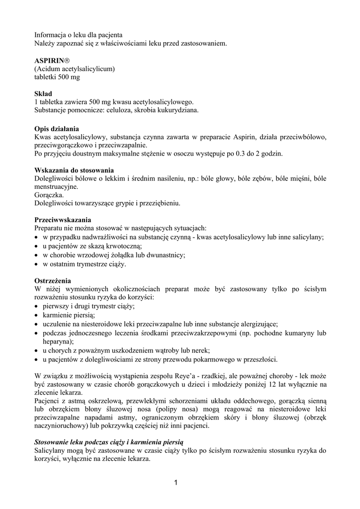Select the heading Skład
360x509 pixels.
click(43, 93)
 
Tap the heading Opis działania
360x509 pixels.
click(56, 128)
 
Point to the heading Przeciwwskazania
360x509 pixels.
click(63, 220)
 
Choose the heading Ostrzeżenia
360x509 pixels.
click(53, 280)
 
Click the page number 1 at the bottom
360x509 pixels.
click(176, 482)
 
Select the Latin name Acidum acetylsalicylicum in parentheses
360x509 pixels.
click(75, 69)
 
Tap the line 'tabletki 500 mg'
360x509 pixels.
click(57, 77)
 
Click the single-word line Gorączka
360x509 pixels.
click(49, 195)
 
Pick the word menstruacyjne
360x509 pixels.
click(56, 186)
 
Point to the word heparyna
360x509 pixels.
click(57, 341)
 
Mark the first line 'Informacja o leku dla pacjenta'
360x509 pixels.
click(78, 35)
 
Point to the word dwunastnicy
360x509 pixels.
click(165, 255)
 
